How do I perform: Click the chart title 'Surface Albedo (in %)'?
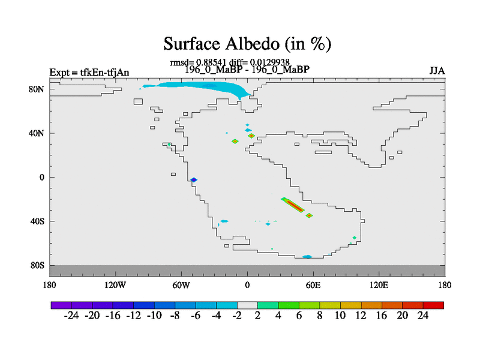[247, 44]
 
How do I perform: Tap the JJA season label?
[437, 71]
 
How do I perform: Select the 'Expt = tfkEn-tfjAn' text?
[89, 73]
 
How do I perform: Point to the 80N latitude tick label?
[37, 89]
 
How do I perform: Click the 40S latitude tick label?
[37, 221]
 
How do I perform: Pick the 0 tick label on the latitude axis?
[41, 177]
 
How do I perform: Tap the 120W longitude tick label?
[115, 286]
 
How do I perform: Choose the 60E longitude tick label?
[313, 286]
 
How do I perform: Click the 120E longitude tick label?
[379, 286]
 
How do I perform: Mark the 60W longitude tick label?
[181, 286]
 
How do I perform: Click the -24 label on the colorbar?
[71, 316]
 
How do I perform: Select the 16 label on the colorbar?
[382, 316]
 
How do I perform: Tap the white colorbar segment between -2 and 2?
[247, 305]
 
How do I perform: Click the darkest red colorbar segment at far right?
[433, 305]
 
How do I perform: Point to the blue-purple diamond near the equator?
[193, 179]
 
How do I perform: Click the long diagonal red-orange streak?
[294, 205]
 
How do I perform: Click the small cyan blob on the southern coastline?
[307, 257]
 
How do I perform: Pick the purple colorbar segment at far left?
[61, 305]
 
